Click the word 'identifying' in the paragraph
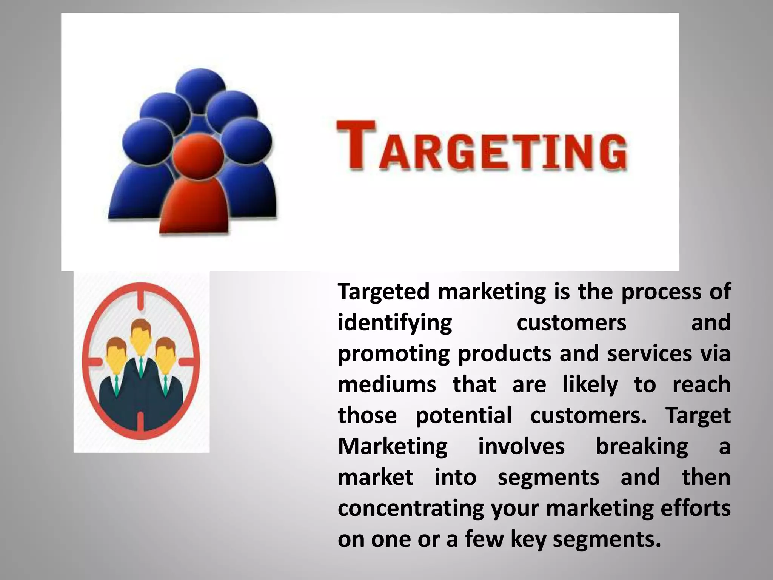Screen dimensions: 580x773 pos(395,323)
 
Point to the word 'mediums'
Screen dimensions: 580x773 pos(387,385)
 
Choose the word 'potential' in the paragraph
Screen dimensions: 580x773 pos(463,416)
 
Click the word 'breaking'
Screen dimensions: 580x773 pos(642,447)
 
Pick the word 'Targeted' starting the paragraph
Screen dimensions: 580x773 pos(383,292)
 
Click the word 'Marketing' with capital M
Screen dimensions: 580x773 pos(393,447)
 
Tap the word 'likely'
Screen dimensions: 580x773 pos(590,385)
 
